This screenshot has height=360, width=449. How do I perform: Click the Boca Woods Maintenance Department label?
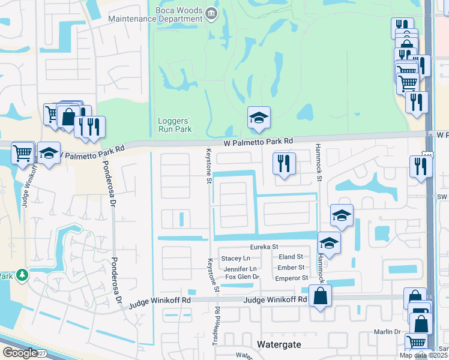pyautogui.click(x=156, y=13)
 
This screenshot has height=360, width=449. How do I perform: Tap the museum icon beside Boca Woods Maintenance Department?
pyautogui.click(x=211, y=13)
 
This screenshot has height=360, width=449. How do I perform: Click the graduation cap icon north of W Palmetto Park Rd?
pyautogui.click(x=259, y=118)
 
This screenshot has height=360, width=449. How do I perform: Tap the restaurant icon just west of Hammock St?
pyautogui.click(x=284, y=163)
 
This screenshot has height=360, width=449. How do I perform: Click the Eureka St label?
pyautogui.click(x=264, y=247)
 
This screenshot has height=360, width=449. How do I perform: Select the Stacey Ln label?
pyautogui.click(x=231, y=258)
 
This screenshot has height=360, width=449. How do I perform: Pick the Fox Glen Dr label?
pyautogui.click(x=241, y=277)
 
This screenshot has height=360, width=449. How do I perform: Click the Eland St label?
pyautogui.click(x=291, y=257)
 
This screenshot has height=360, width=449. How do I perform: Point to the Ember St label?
pyautogui.click(x=292, y=268)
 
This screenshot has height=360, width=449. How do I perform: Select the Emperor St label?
pyautogui.click(x=291, y=278)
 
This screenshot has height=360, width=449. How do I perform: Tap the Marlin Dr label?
pyautogui.click(x=388, y=332)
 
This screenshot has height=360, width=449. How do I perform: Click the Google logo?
pyautogui.click(x=19, y=353)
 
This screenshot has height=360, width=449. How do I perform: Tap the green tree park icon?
pyautogui.click(x=22, y=275)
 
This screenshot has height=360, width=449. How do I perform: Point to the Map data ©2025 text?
pyautogui.click(x=423, y=355)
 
